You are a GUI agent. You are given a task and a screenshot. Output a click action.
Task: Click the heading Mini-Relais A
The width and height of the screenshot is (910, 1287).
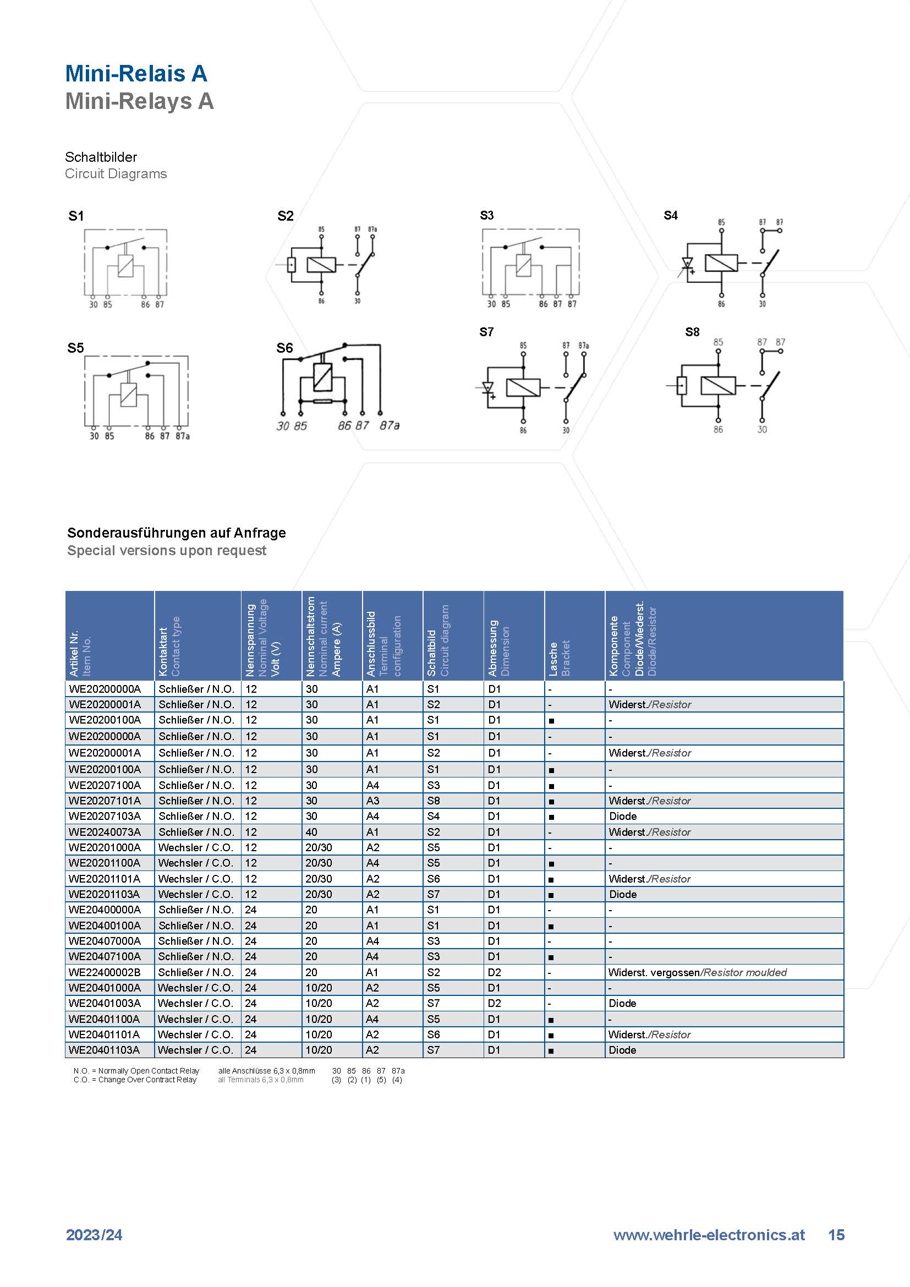(136, 73)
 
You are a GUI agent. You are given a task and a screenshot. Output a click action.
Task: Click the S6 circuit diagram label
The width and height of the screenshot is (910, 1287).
(284, 348)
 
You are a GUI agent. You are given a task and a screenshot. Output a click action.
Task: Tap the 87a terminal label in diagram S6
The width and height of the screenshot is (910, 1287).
(390, 425)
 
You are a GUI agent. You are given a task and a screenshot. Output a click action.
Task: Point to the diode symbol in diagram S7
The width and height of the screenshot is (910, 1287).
(487, 387)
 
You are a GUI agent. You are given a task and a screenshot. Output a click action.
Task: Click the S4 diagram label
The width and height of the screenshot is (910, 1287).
(671, 215)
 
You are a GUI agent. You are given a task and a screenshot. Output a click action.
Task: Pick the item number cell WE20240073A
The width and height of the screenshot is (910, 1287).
(105, 832)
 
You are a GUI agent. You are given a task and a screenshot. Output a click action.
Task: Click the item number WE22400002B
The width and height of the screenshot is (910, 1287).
(105, 972)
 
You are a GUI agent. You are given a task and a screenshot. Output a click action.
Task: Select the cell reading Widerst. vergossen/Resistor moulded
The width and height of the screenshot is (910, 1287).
(698, 972)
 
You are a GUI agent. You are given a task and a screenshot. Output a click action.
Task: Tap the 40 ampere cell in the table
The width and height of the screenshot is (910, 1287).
(311, 832)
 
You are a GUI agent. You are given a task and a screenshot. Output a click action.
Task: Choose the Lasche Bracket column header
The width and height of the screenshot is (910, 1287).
(558, 658)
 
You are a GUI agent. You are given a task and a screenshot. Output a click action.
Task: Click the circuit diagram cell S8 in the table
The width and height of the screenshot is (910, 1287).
(433, 801)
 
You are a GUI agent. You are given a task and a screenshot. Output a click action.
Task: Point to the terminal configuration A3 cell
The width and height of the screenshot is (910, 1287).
(372, 801)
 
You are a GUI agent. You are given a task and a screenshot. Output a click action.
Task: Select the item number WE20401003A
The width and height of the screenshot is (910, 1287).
(105, 1003)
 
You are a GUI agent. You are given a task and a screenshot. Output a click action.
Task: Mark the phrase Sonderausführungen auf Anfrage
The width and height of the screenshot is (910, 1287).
(177, 533)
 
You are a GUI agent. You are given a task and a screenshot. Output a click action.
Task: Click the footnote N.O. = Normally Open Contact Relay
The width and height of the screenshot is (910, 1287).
(136, 1071)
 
